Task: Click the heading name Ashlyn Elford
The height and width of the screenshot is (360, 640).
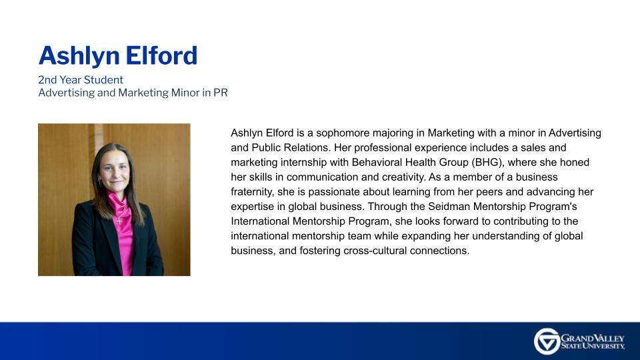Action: coord(118,55)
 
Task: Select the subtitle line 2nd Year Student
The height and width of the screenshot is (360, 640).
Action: coord(81,80)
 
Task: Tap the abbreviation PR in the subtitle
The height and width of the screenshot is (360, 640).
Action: coord(220,93)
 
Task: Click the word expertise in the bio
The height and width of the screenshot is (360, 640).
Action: coord(253,207)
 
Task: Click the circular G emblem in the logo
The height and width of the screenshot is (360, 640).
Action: coord(547,341)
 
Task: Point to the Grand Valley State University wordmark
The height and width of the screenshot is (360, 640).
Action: coord(593,342)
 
